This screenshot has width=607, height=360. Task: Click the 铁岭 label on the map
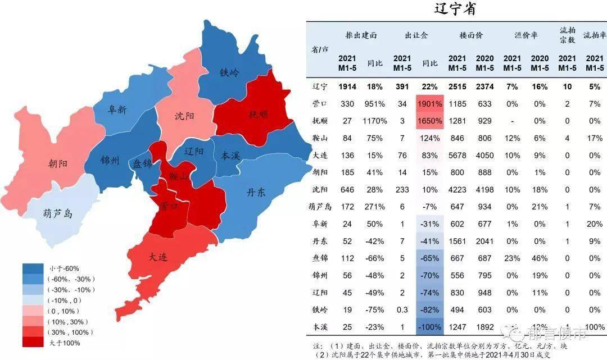coord(229,72)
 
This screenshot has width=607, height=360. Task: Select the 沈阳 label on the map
coord(184,116)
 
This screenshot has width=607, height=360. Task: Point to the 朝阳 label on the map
coord(58,164)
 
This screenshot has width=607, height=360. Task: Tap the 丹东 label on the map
coord(256,193)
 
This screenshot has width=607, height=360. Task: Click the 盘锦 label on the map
coord(142,163)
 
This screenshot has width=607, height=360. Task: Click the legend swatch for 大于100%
coord(33,342)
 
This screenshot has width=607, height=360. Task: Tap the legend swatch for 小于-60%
coord(33,268)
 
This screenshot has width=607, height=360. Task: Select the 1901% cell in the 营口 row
coord(430,104)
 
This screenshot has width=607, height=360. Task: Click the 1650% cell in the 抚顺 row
coord(430,121)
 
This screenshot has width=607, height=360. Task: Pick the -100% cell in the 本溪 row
coord(430,326)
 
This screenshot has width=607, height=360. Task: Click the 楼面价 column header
coord(471,35)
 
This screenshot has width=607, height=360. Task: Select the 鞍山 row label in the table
coord(320,138)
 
